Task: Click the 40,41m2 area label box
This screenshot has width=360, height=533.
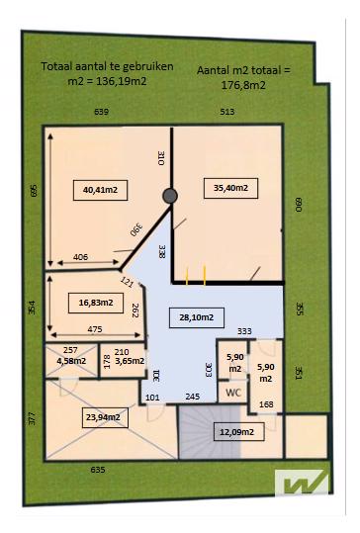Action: click(100, 190)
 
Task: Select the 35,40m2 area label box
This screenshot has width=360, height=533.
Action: click(230, 188)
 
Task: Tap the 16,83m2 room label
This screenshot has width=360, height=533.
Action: click(96, 303)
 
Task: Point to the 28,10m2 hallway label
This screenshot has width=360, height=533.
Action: click(197, 317)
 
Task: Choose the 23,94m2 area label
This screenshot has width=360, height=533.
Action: click(105, 417)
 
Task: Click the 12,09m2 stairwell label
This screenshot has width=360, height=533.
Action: click(238, 432)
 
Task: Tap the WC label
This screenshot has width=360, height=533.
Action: click(233, 393)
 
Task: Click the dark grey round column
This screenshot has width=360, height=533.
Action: click(170, 196)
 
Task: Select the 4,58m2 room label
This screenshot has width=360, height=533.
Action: click(71, 361)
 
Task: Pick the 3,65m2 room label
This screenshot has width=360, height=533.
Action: click(130, 361)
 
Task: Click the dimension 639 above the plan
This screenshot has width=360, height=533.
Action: click(101, 112)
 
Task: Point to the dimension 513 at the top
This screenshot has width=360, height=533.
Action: click(227, 112)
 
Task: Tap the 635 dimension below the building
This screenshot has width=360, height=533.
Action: click(98, 470)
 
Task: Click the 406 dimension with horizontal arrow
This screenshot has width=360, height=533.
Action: click(80, 257)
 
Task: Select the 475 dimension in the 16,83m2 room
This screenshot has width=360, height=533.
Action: click(95, 329)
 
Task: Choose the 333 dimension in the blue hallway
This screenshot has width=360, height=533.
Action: click(244, 331)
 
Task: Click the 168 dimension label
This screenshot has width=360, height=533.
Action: click(266, 404)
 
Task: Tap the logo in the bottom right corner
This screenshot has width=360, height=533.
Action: click(303, 482)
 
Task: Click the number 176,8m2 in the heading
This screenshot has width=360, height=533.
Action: click(243, 85)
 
